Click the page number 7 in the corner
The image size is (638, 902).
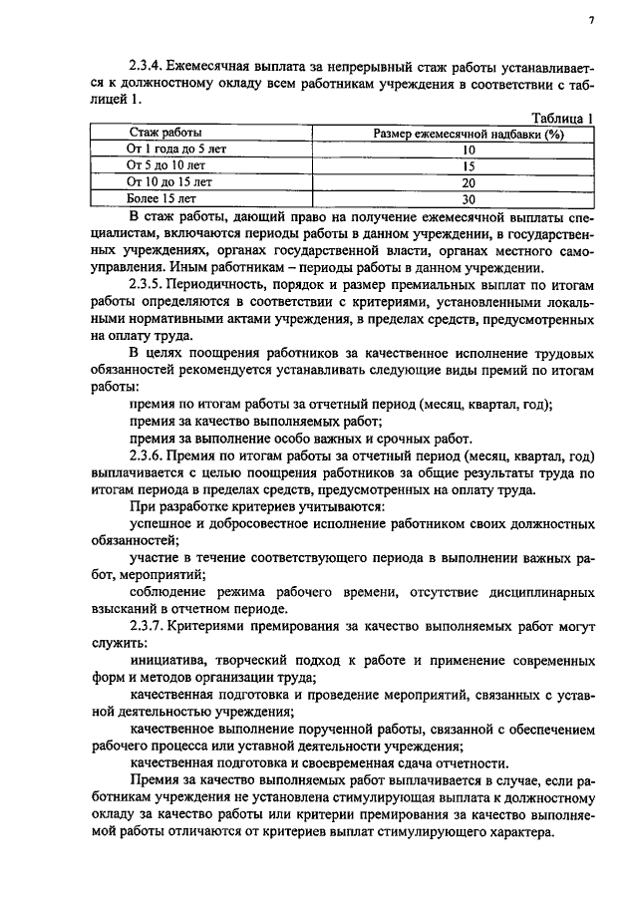[x=591, y=20]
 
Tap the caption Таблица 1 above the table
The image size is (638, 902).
[x=560, y=118]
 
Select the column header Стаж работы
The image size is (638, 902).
[x=166, y=133]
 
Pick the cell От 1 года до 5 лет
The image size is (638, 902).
[x=166, y=150]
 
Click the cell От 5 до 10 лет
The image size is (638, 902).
[x=166, y=165]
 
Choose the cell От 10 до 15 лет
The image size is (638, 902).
[x=166, y=182]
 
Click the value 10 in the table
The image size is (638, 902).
[x=469, y=150]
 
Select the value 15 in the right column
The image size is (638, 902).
[x=469, y=165]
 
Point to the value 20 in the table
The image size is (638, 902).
[x=469, y=182]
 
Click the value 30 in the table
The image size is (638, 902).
[x=469, y=198]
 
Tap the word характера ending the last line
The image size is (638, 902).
[x=515, y=831]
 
